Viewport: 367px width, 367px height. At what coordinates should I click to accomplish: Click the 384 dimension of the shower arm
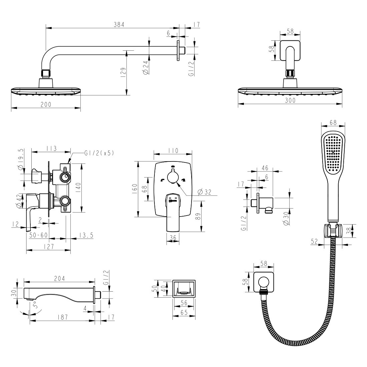119,24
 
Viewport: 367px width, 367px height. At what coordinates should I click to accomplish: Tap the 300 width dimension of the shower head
290,100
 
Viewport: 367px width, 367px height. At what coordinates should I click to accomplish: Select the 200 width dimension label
46,104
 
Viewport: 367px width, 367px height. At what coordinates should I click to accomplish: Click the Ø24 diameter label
146,68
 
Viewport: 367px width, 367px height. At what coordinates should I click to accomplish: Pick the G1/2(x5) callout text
99,153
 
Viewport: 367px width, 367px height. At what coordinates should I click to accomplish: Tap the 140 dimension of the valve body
78,188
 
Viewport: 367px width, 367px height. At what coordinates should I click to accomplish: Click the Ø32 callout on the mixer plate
204,192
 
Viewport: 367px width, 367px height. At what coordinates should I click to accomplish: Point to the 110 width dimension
173,150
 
